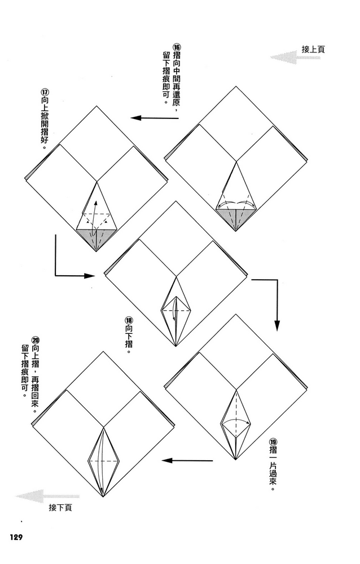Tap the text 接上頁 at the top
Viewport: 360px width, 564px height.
313,50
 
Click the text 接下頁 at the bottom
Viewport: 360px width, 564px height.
60,508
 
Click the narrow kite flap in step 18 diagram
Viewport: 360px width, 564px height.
176,310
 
